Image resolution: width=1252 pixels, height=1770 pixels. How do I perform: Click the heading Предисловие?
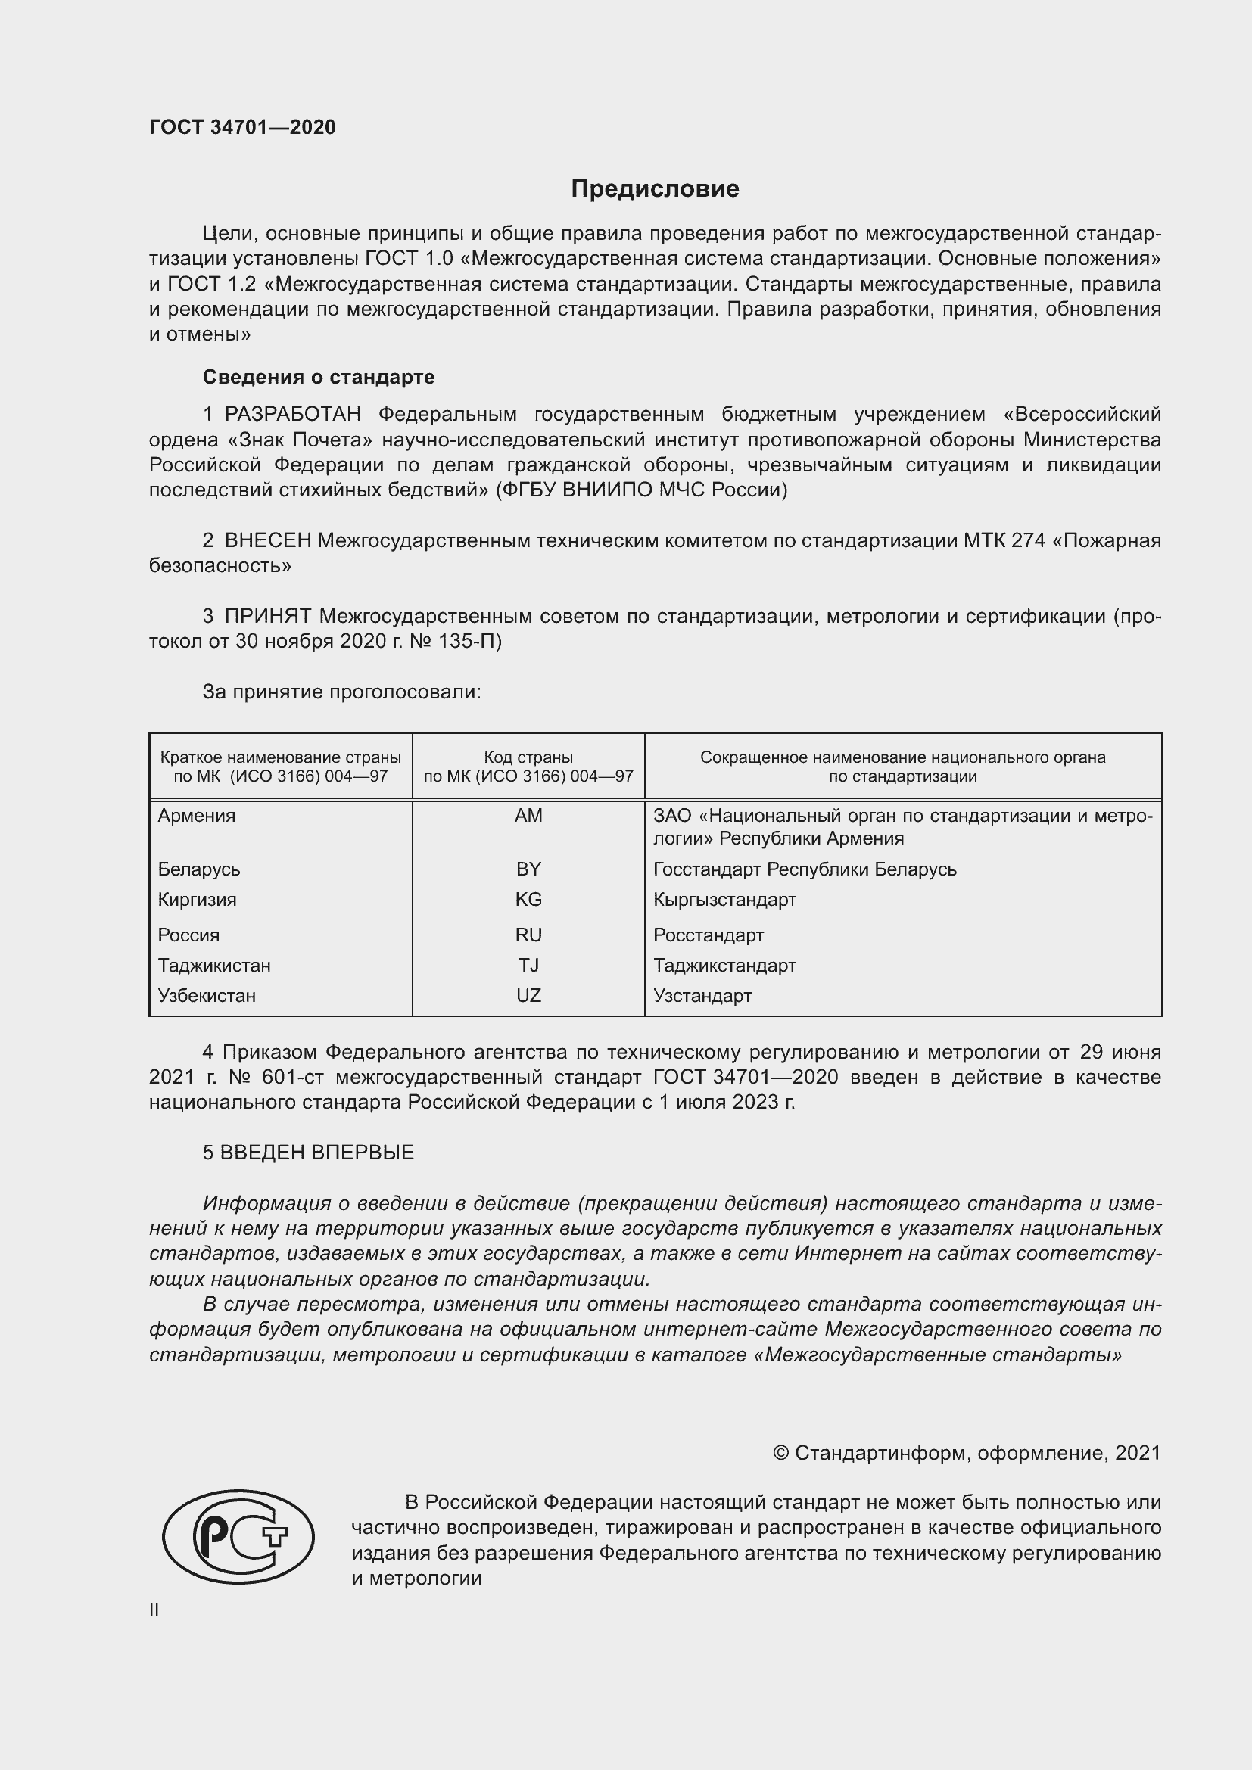[655, 188]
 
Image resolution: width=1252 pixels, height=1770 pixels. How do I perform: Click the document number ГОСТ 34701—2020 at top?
[242, 127]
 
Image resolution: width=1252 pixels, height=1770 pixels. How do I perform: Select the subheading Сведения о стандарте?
[319, 377]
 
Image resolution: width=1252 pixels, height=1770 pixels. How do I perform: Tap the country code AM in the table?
[528, 815]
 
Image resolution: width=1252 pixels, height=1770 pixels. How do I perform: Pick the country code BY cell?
[528, 869]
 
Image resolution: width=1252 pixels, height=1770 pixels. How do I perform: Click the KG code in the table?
[528, 899]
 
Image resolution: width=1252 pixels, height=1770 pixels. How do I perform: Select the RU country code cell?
[528, 935]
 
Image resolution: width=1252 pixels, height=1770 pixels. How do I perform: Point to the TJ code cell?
[528, 964]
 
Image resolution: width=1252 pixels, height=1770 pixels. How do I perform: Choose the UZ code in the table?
[528, 995]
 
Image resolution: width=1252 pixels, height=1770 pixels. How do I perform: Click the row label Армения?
[197, 815]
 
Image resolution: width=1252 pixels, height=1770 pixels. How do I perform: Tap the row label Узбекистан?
[207, 995]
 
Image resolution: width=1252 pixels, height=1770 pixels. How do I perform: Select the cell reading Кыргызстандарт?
[724, 899]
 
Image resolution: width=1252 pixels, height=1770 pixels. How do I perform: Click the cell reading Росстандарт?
[708, 935]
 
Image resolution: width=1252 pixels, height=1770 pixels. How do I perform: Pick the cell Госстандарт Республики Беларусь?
[804, 869]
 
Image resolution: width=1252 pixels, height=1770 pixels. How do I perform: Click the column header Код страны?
[528, 757]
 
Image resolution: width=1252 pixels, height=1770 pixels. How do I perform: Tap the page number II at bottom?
[154, 1610]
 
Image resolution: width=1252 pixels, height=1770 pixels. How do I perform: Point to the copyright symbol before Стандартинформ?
[780, 1453]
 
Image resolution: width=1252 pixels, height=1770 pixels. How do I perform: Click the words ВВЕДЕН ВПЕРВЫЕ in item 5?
[317, 1152]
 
